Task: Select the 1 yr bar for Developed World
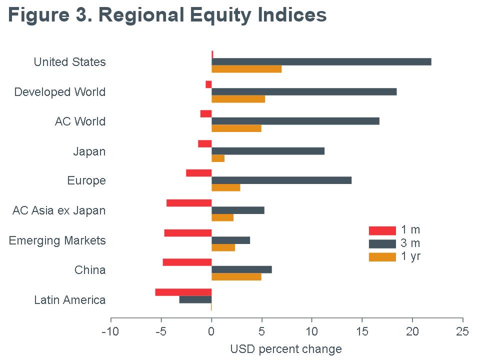(x=238, y=99)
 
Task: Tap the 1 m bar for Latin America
(x=183, y=292)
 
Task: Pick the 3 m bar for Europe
(x=281, y=180)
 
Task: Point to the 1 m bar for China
(x=187, y=262)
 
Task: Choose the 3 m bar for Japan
(x=268, y=151)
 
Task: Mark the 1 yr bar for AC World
(x=236, y=128)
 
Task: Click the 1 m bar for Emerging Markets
(x=187, y=233)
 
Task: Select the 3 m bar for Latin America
(x=195, y=299)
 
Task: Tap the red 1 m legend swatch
(x=382, y=230)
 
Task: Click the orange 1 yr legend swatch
(x=382, y=257)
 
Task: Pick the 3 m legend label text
(x=410, y=243)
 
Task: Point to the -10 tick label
(x=110, y=332)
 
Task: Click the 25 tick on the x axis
(x=462, y=332)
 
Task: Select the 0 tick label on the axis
(x=211, y=332)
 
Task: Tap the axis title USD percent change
(x=286, y=349)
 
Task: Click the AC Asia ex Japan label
(x=59, y=210)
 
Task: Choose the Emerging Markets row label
(x=57, y=240)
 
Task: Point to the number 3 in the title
(x=80, y=15)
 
